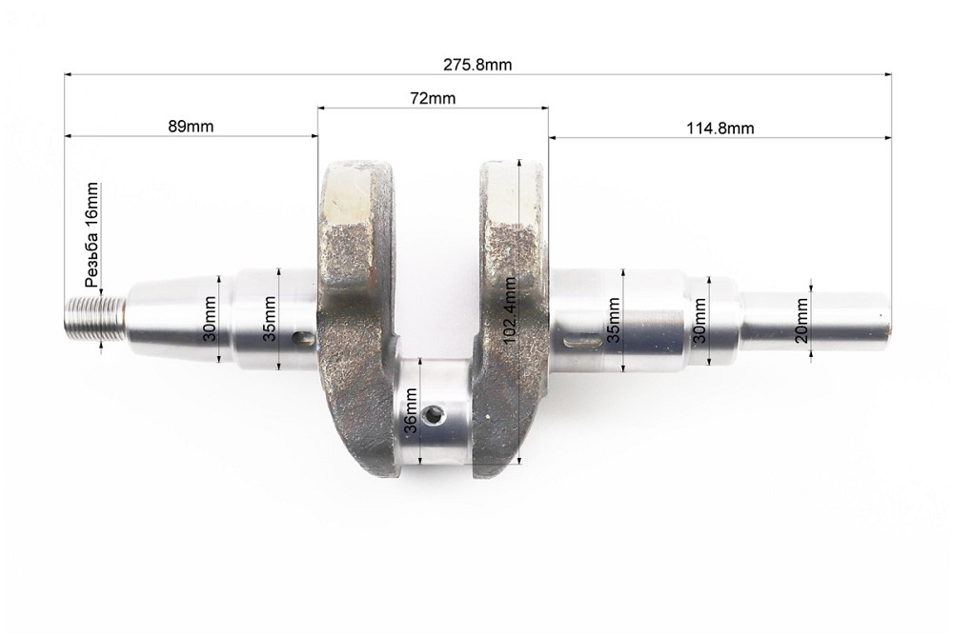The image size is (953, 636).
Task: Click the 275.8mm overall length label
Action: tap(477, 65)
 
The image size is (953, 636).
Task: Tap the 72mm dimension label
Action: tap(433, 98)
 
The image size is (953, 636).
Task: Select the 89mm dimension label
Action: tap(191, 127)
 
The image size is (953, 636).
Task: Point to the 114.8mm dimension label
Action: tap(720, 129)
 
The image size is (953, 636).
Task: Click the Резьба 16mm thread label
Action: tap(91, 234)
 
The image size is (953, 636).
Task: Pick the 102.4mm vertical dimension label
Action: tap(510, 309)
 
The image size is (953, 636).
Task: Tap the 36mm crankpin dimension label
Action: tap(412, 410)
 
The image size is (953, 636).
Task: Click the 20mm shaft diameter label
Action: tap(801, 321)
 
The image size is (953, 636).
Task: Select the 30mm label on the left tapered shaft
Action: tap(211, 319)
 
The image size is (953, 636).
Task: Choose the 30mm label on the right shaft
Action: tap(700, 321)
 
